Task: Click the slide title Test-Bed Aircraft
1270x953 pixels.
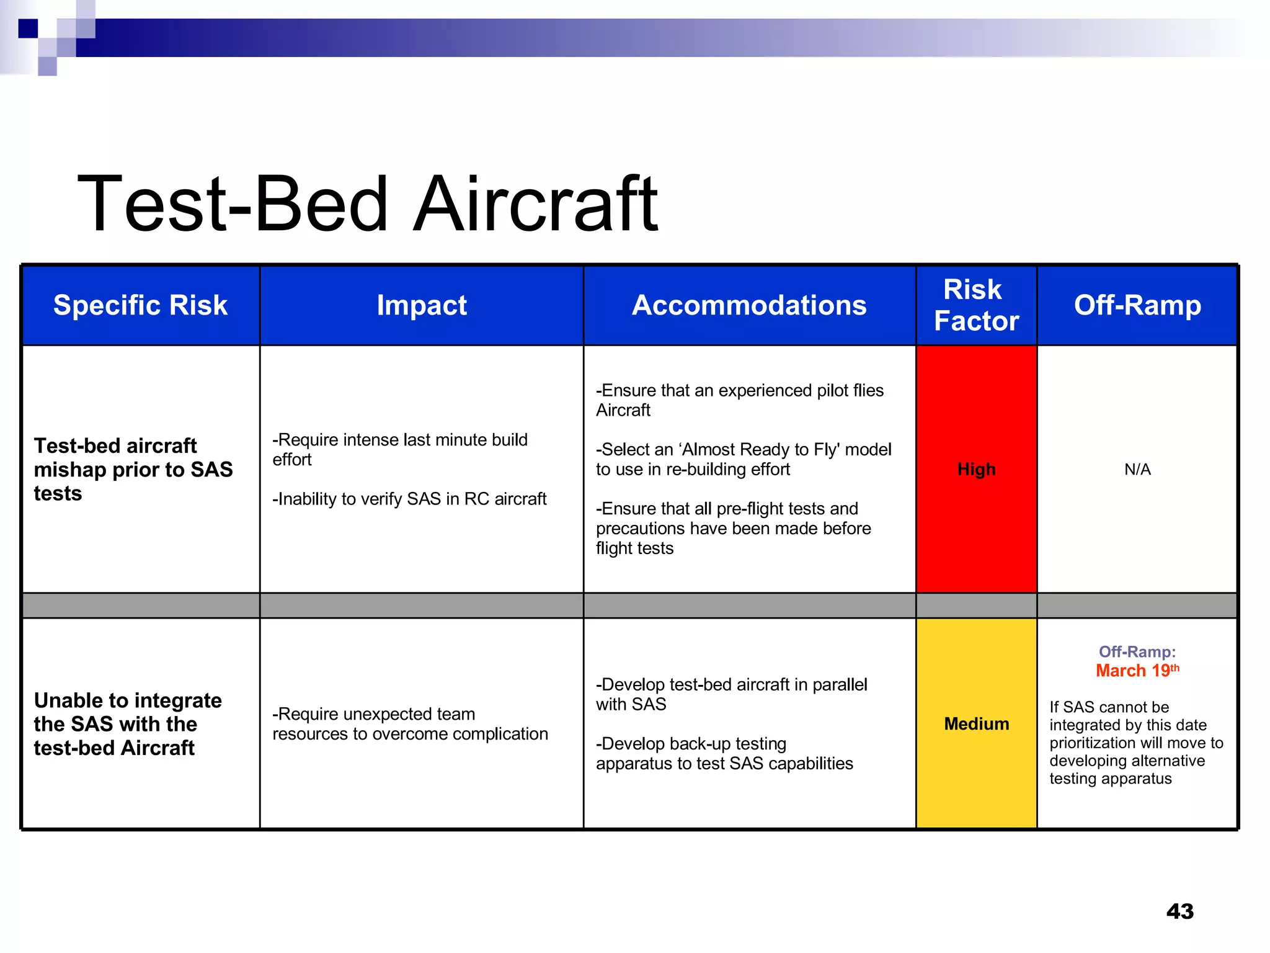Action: coord(367,205)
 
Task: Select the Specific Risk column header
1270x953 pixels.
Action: coord(140,305)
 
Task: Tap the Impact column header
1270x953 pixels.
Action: coord(422,305)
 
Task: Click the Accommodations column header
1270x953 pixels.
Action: coord(749,305)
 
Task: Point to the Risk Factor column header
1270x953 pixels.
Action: coord(976,305)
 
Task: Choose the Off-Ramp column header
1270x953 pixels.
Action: coord(1137,305)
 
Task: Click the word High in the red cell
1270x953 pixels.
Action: coord(976,469)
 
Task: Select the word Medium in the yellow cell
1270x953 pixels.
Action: coord(976,723)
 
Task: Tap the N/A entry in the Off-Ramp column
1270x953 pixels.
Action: coord(1137,469)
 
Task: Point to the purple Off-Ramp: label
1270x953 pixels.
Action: coord(1137,651)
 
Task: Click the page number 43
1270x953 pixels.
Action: coord(1179,911)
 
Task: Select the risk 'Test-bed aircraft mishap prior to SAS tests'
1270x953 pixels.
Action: coord(133,469)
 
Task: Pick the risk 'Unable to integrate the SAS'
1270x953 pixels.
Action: coord(127,723)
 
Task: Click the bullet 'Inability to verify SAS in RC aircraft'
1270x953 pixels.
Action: coord(409,499)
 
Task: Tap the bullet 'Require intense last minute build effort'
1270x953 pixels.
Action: coord(400,449)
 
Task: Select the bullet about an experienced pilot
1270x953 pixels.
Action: coord(739,400)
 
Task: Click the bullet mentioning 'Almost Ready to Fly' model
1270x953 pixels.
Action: coord(743,459)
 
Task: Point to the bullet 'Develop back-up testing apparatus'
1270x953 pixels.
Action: coord(724,753)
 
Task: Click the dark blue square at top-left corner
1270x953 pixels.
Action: coord(28,29)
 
